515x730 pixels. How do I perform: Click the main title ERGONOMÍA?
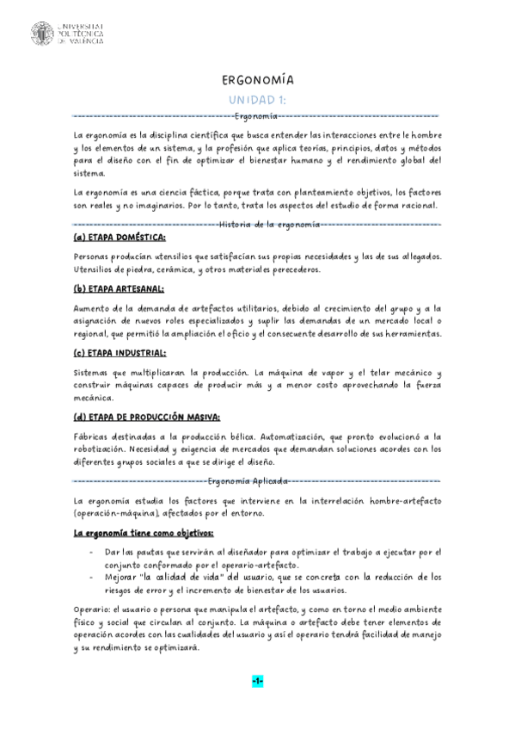(258, 79)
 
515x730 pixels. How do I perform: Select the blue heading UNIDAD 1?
(257, 99)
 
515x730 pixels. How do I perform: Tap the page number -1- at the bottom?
(258, 681)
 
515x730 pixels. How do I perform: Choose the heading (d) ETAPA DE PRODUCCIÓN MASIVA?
(147, 417)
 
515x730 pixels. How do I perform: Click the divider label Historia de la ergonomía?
(271, 224)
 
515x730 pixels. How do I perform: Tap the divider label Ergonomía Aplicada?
(248, 481)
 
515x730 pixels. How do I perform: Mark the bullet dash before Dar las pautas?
(92, 551)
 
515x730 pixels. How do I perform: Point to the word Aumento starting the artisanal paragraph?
(95, 307)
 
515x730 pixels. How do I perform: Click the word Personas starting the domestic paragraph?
(95, 257)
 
